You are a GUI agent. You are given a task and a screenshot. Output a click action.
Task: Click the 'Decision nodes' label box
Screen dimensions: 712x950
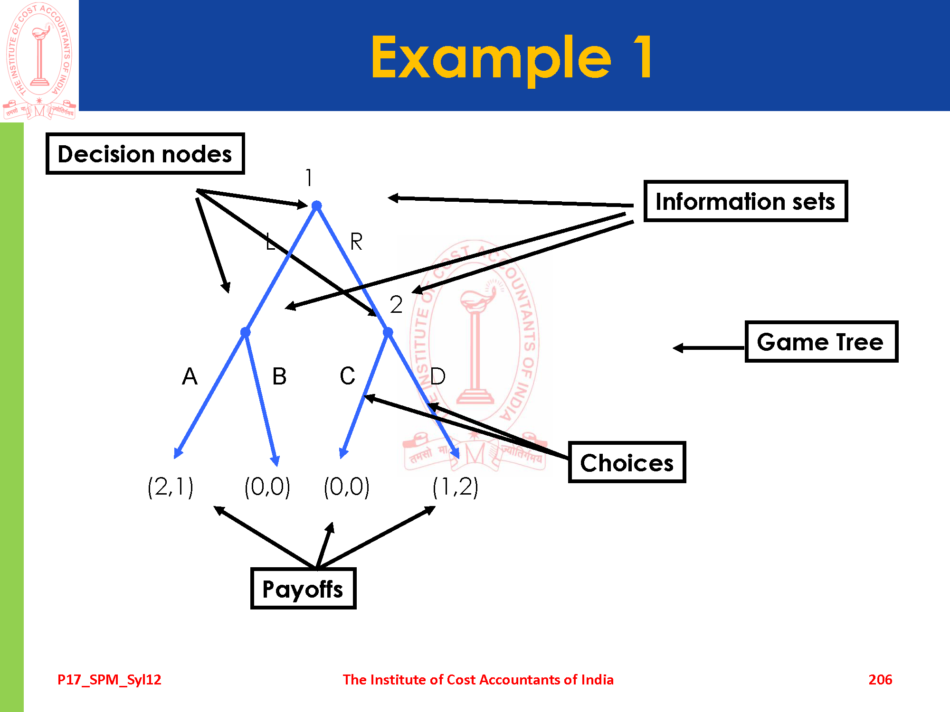[x=145, y=154]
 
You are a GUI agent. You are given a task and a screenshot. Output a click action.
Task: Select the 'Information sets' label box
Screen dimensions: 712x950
[x=745, y=201]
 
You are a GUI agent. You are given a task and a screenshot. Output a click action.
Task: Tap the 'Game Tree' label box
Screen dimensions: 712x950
[x=821, y=342]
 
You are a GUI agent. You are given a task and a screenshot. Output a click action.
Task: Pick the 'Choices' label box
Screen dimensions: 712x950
[x=627, y=462]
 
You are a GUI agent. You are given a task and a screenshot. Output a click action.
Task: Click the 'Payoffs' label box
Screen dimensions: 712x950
[x=303, y=589]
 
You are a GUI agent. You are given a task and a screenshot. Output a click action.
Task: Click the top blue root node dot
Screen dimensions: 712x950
[x=317, y=206]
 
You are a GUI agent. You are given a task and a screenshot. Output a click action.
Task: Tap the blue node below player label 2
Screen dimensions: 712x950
[x=388, y=332]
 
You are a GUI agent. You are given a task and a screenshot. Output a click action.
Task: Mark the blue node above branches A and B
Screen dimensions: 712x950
[x=245, y=332]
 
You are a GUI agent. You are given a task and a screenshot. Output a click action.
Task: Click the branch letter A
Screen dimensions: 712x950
[x=190, y=376]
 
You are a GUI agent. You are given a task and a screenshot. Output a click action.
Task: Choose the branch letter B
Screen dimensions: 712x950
[x=279, y=376]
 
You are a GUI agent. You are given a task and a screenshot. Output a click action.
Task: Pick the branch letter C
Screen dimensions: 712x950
[x=347, y=376]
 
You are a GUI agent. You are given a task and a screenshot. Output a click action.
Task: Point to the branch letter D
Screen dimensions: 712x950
[x=437, y=376]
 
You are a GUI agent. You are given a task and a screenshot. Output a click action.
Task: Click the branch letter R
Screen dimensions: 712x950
[x=356, y=242]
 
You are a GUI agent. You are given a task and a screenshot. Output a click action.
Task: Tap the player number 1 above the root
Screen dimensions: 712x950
[x=309, y=178]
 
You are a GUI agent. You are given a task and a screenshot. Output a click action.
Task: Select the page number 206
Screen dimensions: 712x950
[x=880, y=679]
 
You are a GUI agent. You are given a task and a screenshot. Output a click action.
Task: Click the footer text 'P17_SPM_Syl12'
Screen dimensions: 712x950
[x=109, y=679]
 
